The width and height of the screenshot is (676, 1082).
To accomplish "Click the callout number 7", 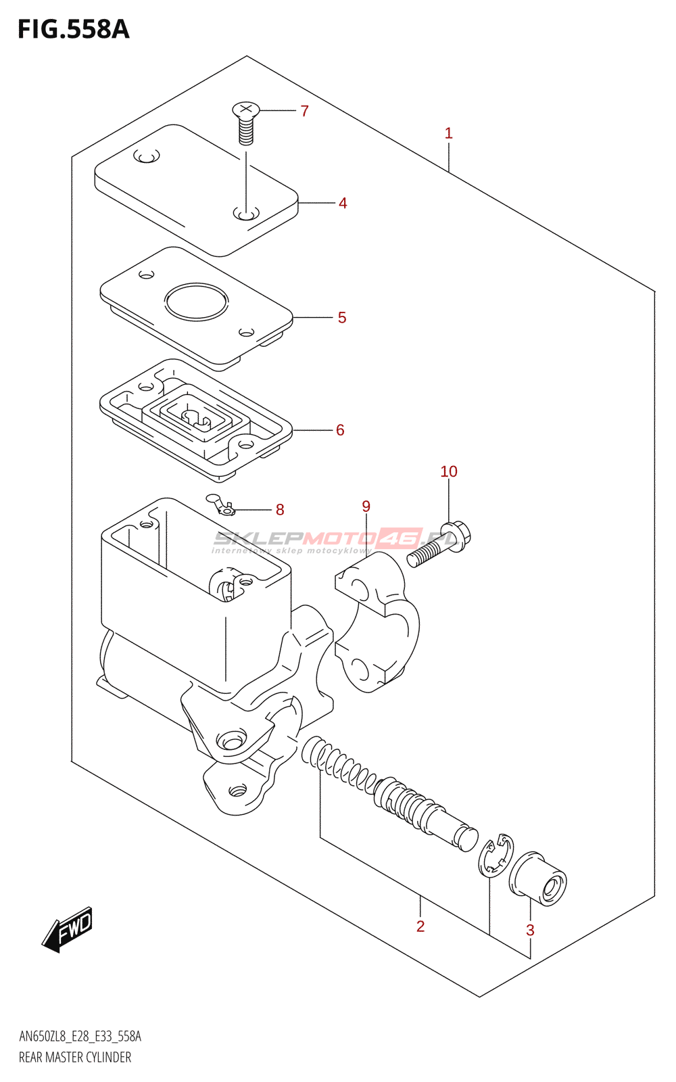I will pyautogui.click(x=304, y=111).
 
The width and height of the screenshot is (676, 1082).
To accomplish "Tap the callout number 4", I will pyautogui.click(x=343, y=203).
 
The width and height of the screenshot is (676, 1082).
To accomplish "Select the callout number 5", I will pyautogui.click(x=342, y=318).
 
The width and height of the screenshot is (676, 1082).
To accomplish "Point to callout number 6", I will pyautogui.click(x=340, y=430).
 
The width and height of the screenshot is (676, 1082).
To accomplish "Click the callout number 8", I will pyautogui.click(x=280, y=510).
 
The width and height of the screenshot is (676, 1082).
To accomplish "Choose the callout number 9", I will pyautogui.click(x=366, y=507).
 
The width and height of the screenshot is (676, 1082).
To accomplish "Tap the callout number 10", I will pyautogui.click(x=449, y=471).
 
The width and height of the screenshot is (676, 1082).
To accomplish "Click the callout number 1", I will pyautogui.click(x=448, y=133).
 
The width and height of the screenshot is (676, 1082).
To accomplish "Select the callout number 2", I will pyautogui.click(x=420, y=926).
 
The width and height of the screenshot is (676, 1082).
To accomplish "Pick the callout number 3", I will pyautogui.click(x=530, y=931).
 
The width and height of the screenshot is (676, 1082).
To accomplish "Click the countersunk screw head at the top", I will pyautogui.click(x=246, y=110).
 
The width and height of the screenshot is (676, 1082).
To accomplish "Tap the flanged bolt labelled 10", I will pyautogui.click(x=439, y=544).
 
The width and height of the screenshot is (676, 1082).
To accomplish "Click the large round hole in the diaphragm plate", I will pyautogui.click(x=196, y=302).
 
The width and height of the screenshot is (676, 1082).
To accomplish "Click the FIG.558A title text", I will pyautogui.click(x=73, y=29).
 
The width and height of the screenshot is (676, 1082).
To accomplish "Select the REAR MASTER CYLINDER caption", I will pyautogui.click(x=75, y=1057).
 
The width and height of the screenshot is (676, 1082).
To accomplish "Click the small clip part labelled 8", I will pyautogui.click(x=220, y=504).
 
